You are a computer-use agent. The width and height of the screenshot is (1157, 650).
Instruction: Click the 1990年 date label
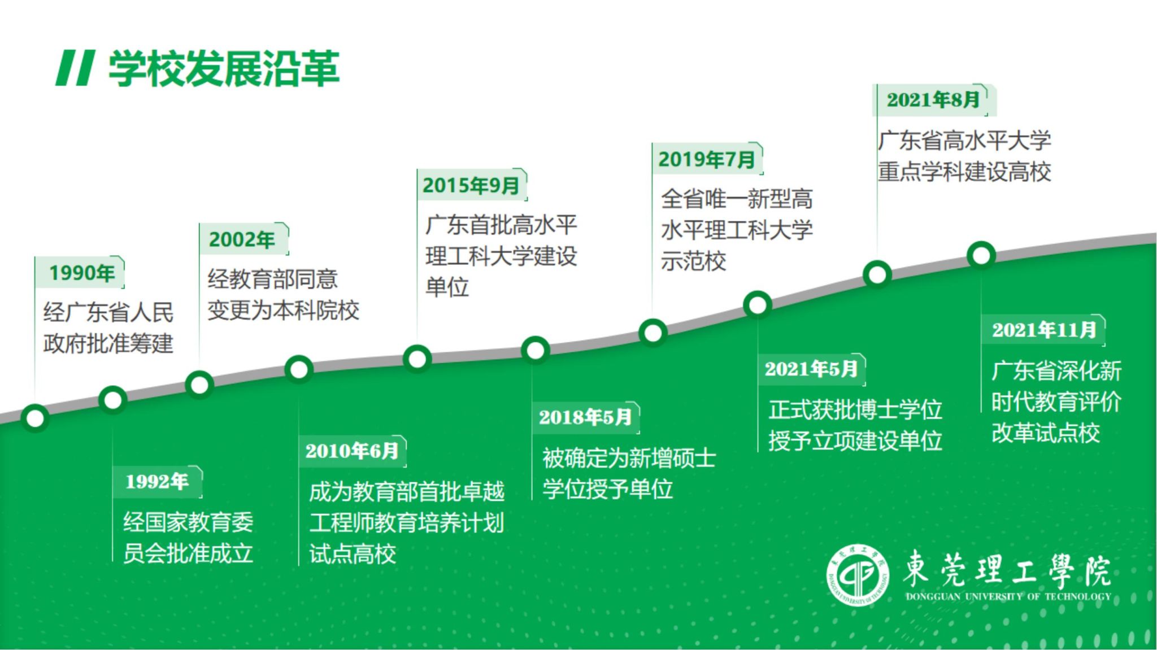click(x=81, y=273)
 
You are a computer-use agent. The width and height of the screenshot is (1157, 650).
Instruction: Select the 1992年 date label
click(x=157, y=482)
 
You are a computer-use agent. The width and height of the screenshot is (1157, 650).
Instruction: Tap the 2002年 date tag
click(x=242, y=239)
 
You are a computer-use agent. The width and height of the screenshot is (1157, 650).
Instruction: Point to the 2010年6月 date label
click(x=351, y=451)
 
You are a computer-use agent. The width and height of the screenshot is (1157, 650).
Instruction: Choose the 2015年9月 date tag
click(x=471, y=185)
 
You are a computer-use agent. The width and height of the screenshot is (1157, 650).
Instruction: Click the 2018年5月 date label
click(x=585, y=417)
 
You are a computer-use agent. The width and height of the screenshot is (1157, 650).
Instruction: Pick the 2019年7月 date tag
click(x=706, y=159)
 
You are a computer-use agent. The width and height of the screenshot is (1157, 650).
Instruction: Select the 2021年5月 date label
click(x=811, y=369)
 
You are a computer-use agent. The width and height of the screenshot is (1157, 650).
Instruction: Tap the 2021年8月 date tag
click(x=933, y=100)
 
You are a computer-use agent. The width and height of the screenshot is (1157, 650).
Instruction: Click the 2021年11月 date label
click(x=1044, y=330)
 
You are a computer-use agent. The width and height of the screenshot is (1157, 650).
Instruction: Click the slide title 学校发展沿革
click(x=224, y=69)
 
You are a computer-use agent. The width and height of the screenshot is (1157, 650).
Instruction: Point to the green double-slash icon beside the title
click(x=75, y=68)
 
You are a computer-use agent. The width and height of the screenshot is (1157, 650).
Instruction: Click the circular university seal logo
click(x=858, y=575)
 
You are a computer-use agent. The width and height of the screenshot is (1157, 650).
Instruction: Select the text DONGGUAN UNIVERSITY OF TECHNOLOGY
click(x=1008, y=596)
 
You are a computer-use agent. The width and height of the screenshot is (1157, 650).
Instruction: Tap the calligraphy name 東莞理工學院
click(x=1007, y=569)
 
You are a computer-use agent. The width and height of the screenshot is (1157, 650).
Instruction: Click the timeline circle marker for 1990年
click(x=35, y=418)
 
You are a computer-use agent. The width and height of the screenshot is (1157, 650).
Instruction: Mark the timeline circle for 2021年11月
click(x=981, y=255)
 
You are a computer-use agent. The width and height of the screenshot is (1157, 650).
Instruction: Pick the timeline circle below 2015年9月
click(x=417, y=359)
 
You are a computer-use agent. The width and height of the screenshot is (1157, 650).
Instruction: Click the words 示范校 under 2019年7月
click(x=693, y=261)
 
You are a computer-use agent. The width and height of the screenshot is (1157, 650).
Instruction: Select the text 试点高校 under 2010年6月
click(x=353, y=554)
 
